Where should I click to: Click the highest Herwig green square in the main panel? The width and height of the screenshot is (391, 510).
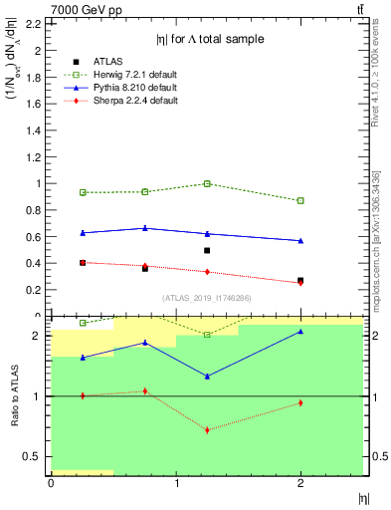(207, 183)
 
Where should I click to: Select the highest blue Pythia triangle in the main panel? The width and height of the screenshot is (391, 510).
(145, 228)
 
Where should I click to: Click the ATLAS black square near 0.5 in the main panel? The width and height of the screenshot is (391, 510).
(207, 250)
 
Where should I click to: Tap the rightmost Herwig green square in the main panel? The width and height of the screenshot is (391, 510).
(300, 200)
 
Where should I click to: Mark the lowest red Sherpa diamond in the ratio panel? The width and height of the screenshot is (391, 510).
(207, 430)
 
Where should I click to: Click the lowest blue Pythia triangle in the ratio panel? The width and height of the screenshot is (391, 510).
(207, 377)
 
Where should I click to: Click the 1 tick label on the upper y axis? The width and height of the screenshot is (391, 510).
(39, 183)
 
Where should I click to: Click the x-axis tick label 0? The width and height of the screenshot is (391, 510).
(51, 483)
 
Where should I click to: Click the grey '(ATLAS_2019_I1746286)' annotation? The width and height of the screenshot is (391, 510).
(206, 297)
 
